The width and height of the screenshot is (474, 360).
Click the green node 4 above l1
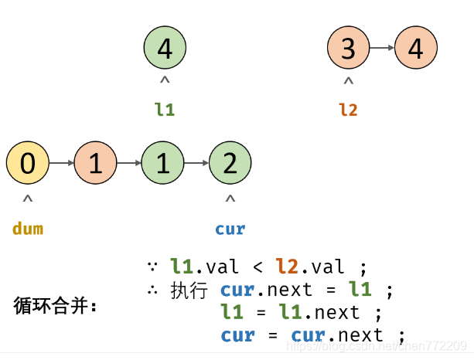click(165, 49)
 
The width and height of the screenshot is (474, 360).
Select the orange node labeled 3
click(348, 49)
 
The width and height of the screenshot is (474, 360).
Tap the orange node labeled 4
click(416, 49)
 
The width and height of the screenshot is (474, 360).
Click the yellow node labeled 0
click(28, 163)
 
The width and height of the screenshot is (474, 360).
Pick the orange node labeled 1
click(96, 163)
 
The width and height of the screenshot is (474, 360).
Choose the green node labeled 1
click(163, 163)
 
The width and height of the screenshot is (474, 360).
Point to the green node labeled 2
click(230, 163)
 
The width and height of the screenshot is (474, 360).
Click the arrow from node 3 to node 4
click(382, 49)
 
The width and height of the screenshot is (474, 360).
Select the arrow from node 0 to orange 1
click(62, 163)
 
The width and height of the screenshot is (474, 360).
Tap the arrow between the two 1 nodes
click(129, 163)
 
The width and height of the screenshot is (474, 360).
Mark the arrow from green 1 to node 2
click(197, 163)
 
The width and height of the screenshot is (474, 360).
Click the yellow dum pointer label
click(28, 229)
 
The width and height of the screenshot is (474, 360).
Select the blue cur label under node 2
click(230, 229)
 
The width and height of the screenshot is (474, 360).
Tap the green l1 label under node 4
click(165, 110)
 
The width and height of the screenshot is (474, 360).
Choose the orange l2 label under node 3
click(348, 110)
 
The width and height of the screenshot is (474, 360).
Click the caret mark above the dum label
click(28, 199)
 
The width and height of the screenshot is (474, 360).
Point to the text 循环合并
click(56, 306)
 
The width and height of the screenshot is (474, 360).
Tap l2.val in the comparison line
click(310, 267)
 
